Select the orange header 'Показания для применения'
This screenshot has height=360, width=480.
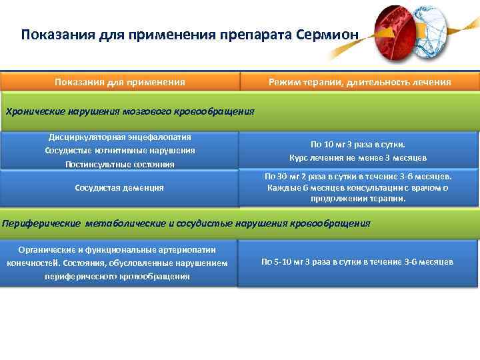click(120, 82)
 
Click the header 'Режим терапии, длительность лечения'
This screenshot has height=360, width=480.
click(359, 82)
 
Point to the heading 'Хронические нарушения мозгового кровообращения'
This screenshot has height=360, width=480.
click(130, 111)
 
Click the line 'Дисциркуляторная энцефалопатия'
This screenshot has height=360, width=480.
click(120, 137)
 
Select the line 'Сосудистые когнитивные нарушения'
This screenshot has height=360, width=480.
click(120, 150)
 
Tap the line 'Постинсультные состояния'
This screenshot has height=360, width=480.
click(120, 164)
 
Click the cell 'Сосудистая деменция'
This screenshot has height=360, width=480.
click(120, 188)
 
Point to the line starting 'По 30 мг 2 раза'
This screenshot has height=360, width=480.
click(358, 177)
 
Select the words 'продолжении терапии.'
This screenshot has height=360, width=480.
click(358, 199)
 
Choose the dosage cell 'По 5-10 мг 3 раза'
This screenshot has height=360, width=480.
click(358, 262)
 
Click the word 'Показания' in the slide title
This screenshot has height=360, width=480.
click(50, 34)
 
